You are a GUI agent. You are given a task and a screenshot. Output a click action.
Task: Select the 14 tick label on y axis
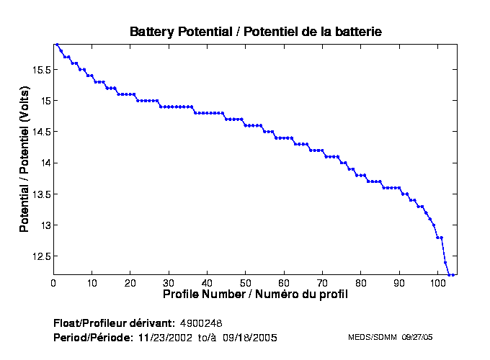tap(45, 163)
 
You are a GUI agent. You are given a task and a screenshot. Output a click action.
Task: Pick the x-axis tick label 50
tap(246, 283)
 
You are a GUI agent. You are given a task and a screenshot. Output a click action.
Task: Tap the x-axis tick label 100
tap(437, 283)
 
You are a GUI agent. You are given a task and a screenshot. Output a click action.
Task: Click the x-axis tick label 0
tap(53, 283)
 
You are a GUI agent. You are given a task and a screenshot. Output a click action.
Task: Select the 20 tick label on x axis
tap(130, 283)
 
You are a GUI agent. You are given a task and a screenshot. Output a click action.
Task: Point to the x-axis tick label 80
tap(361, 283)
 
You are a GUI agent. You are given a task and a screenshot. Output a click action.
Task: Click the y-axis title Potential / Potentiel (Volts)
tap(24, 158)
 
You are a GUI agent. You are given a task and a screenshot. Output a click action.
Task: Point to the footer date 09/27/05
tap(417, 337)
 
